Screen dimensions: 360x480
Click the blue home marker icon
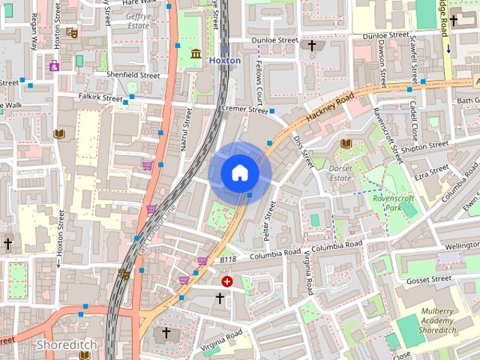tap(240, 172)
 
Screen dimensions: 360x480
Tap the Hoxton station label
tap(225, 60)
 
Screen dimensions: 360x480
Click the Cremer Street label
tap(247, 110)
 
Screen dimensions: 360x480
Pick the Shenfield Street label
tap(134, 75)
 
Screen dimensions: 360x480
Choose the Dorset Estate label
tap(340, 173)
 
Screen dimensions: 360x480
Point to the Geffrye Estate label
tap(138, 20)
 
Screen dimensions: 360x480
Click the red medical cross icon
tap(227, 281)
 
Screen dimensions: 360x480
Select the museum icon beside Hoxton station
tap(196, 53)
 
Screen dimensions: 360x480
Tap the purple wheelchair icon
tap(54, 66)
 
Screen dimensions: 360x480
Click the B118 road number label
tap(228, 259)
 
